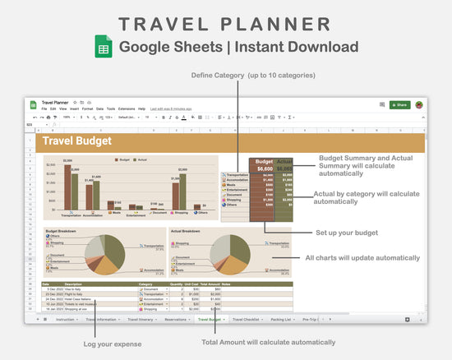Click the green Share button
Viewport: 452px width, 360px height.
(x=399, y=105)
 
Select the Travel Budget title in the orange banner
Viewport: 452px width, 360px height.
(x=77, y=142)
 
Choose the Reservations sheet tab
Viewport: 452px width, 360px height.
(x=174, y=318)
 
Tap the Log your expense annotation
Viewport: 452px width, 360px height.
(x=113, y=343)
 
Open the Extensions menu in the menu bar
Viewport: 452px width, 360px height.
(x=127, y=108)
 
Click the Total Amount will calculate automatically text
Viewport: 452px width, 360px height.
(x=268, y=342)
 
